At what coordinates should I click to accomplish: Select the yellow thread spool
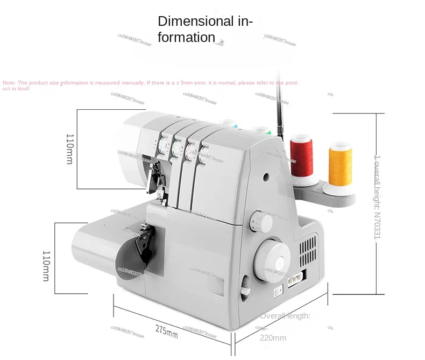tap(341, 165)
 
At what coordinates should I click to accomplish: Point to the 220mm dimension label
tap(273, 338)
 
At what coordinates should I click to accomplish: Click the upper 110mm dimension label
tap(69, 149)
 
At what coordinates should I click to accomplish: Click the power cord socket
tap(295, 279)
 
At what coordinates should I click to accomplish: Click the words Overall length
tap(286, 316)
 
